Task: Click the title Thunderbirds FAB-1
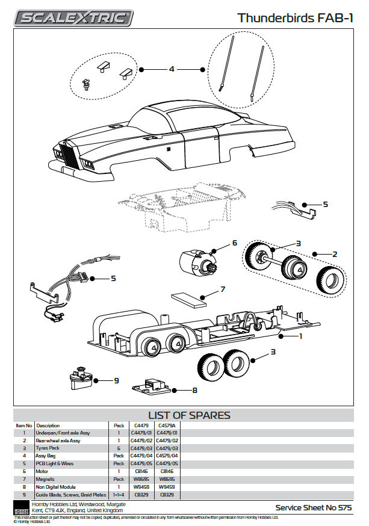(295, 18)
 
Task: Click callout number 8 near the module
(194, 391)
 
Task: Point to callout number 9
(116, 380)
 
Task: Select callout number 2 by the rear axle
(335, 254)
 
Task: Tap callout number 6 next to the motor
(235, 244)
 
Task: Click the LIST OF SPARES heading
(189, 415)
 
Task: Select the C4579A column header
(167, 425)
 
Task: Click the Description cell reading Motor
(42, 472)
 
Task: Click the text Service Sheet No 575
(313, 508)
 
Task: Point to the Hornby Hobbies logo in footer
(22, 507)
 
